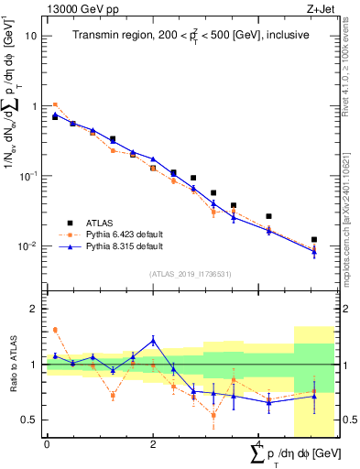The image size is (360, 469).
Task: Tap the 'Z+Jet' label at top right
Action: click(322, 9)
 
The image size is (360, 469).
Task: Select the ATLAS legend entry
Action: click(106, 223)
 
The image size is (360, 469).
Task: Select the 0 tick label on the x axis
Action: click(47, 444)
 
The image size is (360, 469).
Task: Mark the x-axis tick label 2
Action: click(153, 444)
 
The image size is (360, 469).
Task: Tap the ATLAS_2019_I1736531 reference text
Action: click(191, 273)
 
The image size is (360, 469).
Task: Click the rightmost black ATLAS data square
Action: click(314, 239)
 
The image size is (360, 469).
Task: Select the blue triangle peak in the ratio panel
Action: click(153, 340)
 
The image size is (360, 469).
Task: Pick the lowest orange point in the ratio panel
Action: click(213, 415)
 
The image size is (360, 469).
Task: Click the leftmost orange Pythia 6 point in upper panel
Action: click(55, 104)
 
